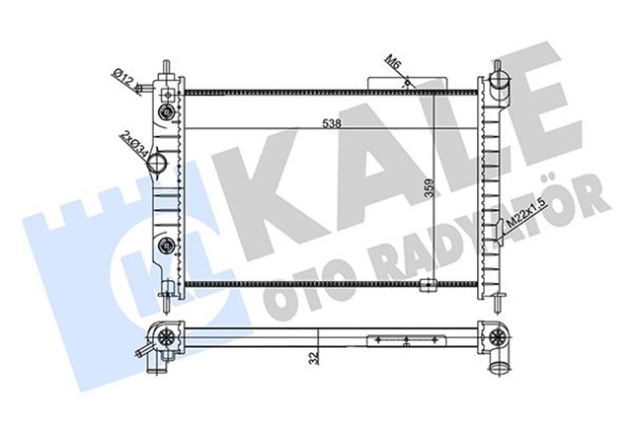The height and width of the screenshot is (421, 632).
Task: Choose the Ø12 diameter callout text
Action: [126, 76]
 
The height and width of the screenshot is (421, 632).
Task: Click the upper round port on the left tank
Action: [166, 96]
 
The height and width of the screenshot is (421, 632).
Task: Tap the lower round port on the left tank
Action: [165, 245]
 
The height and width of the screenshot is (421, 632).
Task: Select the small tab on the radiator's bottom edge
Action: [427, 289]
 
